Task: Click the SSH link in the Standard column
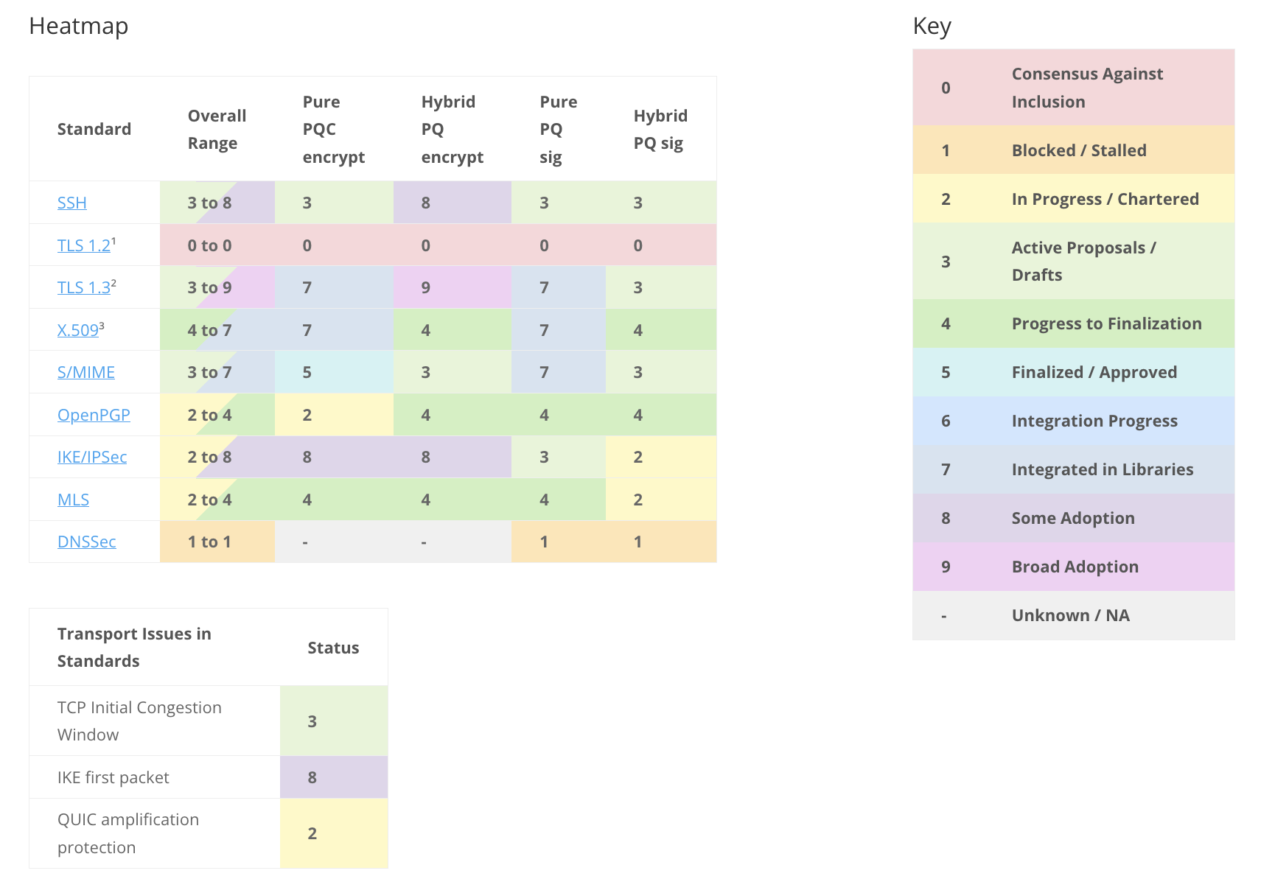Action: [71, 203]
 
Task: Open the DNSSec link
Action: [86, 542]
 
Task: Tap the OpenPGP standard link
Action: [94, 415]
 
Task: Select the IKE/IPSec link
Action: [92, 457]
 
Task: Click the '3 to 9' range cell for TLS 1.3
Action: [209, 287]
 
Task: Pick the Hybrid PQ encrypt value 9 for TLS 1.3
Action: [426, 287]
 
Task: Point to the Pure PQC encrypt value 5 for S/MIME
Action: [307, 372]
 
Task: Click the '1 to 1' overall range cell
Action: [209, 542]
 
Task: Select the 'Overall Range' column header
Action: [217, 129]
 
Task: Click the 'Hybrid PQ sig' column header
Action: [660, 129]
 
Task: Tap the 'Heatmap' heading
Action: [78, 26]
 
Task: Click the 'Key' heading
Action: [932, 26]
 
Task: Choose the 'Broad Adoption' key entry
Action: [1075, 567]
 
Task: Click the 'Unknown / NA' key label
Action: [1070, 615]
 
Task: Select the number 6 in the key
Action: [946, 421]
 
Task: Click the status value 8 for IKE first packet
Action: [312, 777]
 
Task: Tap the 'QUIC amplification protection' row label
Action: [128, 833]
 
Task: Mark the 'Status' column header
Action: [333, 648]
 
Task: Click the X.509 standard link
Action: [78, 330]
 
